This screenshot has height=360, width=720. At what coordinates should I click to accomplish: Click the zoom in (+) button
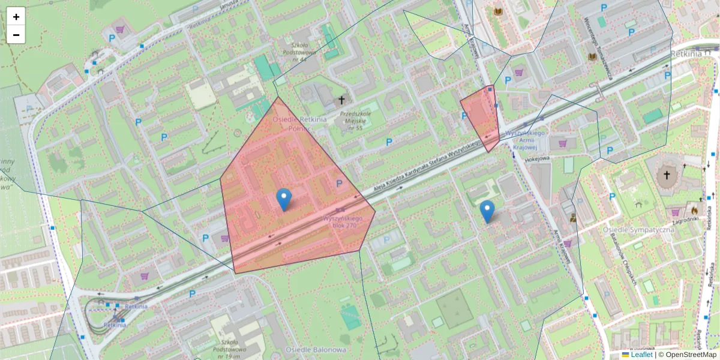click(x=16, y=17)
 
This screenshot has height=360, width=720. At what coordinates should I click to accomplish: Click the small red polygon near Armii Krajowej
click(x=482, y=118)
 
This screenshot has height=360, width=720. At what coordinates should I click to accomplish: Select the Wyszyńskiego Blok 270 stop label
click(x=340, y=222)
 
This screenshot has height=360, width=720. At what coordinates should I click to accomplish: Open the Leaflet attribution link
click(x=641, y=355)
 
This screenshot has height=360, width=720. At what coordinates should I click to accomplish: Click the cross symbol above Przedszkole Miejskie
click(x=342, y=100)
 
